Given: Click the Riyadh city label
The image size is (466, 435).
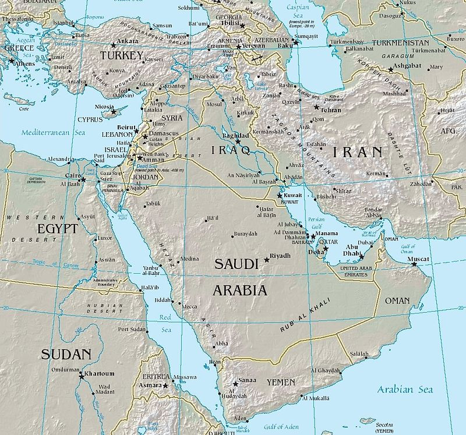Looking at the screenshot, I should [280, 256].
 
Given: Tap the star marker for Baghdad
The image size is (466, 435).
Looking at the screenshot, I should [238, 142].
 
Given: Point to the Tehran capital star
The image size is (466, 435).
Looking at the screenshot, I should [316, 108].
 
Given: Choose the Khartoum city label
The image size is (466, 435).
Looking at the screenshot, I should [100, 373].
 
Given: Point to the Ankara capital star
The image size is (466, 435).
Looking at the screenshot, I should [113, 45].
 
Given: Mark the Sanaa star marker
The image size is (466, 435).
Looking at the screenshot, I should [235, 384].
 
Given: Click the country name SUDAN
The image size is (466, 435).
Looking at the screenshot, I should [66, 354].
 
